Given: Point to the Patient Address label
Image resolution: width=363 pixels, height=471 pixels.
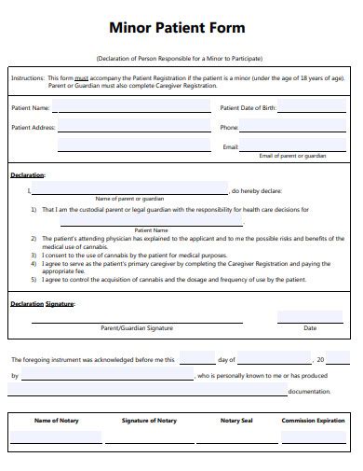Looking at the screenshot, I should tap(32, 127).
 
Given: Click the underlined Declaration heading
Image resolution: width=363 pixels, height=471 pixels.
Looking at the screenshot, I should tap(28, 174).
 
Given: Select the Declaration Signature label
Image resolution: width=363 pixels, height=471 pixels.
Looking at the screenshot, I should tap(43, 303).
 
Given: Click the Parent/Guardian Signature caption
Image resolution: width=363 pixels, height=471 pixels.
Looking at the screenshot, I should tap(137, 328).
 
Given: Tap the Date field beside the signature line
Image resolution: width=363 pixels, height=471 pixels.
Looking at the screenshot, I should tap(310, 318).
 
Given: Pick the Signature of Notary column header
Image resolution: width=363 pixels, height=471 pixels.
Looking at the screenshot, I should tap(149, 421).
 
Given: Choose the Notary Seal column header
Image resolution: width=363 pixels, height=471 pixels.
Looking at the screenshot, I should tap(236, 421).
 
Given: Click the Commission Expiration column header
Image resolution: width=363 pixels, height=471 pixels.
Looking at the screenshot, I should tap(314, 421).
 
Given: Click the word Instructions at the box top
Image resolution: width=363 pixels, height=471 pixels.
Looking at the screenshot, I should tap(28, 79).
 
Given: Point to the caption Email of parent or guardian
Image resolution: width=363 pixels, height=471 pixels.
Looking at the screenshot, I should tap(292, 156).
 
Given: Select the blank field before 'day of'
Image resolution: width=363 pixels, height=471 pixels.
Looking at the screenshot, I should tap(196, 358).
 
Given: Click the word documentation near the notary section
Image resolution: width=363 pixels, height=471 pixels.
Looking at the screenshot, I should tap(310, 392).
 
